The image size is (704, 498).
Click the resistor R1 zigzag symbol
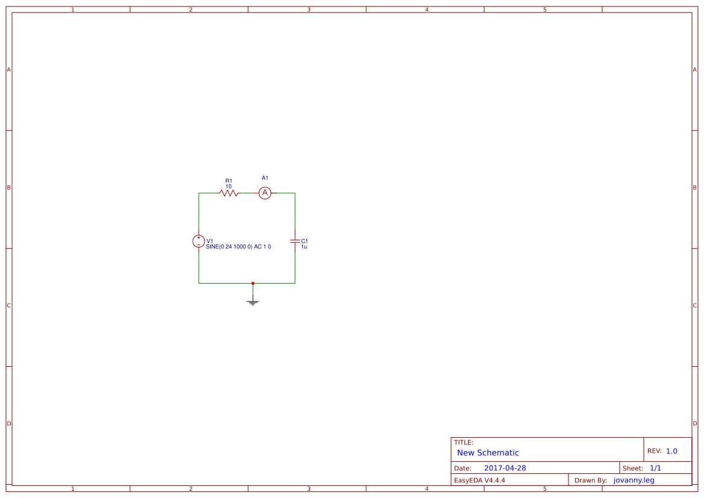[x=229, y=193]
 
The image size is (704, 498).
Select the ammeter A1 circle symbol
[x=265, y=193]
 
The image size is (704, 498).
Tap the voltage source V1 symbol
[x=199, y=241]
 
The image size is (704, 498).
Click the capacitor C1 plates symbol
[x=295, y=241]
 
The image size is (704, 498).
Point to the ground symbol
[x=253, y=302]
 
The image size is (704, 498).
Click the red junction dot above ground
[x=253, y=283]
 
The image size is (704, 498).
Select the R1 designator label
[x=229, y=180]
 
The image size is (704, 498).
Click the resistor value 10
[x=229, y=187]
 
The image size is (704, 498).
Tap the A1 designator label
[x=265, y=178]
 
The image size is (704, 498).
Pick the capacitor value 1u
[x=304, y=247]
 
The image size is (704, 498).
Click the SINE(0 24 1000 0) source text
[x=238, y=247]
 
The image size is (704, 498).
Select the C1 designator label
[x=304, y=241]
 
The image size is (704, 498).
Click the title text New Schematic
[x=488, y=453]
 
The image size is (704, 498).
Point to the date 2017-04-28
[x=505, y=468]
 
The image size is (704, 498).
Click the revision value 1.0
[x=671, y=451]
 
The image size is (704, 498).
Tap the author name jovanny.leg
[x=634, y=480]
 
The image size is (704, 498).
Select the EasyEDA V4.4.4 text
[x=479, y=480]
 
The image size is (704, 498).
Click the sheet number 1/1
[x=655, y=468]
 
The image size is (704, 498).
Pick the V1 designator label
[x=210, y=241]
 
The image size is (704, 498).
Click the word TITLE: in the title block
[x=464, y=443]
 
